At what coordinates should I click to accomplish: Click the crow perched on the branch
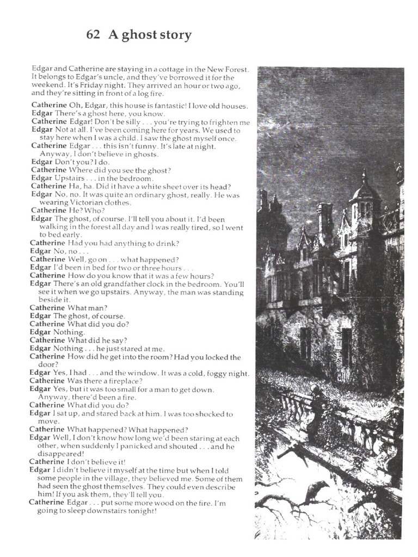click(316, 490)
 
